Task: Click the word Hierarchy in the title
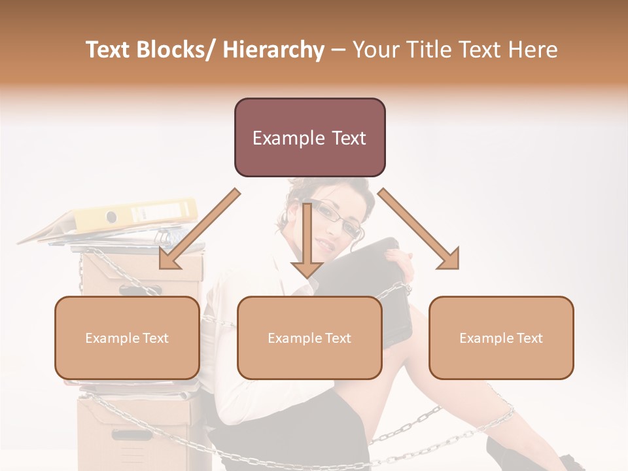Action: pyautogui.click(x=273, y=50)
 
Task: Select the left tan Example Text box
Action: pyautogui.click(x=127, y=338)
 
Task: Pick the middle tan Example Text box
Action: pyautogui.click(x=309, y=338)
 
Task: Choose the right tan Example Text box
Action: pyautogui.click(x=501, y=338)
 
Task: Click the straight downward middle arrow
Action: pyautogui.click(x=307, y=242)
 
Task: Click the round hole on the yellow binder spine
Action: pyautogui.click(x=111, y=217)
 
